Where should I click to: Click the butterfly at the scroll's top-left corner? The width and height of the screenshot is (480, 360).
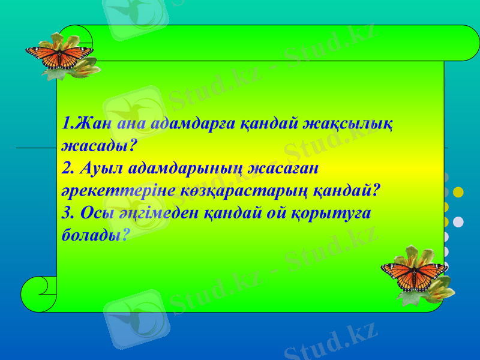[59, 56]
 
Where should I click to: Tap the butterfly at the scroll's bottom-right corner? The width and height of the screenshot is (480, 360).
[414, 274]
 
